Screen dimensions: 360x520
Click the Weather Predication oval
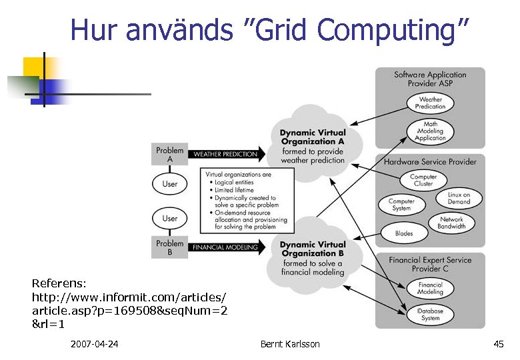click(430, 103)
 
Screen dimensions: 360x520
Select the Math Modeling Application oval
click(430, 131)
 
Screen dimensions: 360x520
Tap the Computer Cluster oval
click(423, 180)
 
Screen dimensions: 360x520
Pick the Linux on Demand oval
click(459, 198)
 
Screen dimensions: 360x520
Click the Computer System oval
click(401, 205)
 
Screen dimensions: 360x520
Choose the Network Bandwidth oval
click(451, 223)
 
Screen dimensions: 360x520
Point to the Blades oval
click(404, 233)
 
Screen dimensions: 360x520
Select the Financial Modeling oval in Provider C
click(430, 289)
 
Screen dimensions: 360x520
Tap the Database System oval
click(430, 314)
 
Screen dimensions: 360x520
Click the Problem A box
click(169, 155)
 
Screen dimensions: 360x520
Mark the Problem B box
click(169, 247)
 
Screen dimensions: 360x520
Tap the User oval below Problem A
click(170, 183)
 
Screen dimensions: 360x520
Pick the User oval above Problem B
click(170, 218)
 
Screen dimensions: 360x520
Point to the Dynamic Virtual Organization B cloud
click(313, 257)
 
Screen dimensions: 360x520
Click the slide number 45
click(498, 344)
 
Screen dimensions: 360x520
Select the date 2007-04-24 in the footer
click(94, 344)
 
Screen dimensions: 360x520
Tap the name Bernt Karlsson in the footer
click(290, 344)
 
